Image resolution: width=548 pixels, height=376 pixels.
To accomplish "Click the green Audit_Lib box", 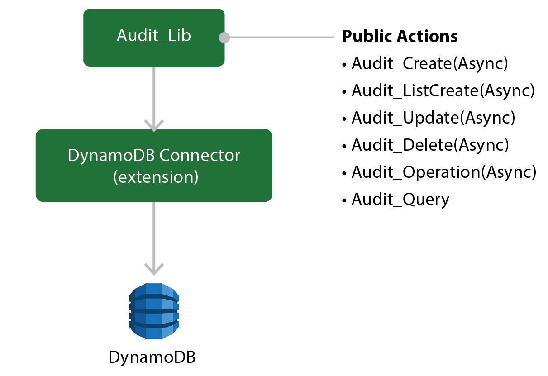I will point(154,37).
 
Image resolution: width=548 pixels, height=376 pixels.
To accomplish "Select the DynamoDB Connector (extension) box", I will point(154,165).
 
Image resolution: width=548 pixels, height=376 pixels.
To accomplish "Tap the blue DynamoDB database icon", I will point(154,311).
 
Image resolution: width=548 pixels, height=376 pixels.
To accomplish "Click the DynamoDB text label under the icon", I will point(152,357).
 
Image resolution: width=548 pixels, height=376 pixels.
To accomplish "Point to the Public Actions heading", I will point(400,36).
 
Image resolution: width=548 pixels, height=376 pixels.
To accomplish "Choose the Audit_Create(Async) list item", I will point(429,64).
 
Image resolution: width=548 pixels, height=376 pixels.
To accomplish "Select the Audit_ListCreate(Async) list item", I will point(443,91).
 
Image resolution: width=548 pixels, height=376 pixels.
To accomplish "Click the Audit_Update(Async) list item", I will point(433,118).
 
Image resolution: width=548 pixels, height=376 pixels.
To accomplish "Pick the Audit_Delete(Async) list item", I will point(430,145).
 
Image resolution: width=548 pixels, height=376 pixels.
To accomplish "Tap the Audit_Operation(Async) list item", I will point(443,172).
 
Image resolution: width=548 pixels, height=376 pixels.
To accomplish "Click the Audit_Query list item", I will point(400,200).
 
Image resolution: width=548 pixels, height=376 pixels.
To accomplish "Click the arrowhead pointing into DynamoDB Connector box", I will point(154,125).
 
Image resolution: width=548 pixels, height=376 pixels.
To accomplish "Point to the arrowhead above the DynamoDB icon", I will point(154,269).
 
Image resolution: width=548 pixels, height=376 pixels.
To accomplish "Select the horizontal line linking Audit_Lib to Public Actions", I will point(281,38).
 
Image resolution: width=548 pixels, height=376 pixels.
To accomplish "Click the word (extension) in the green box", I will point(156,176).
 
